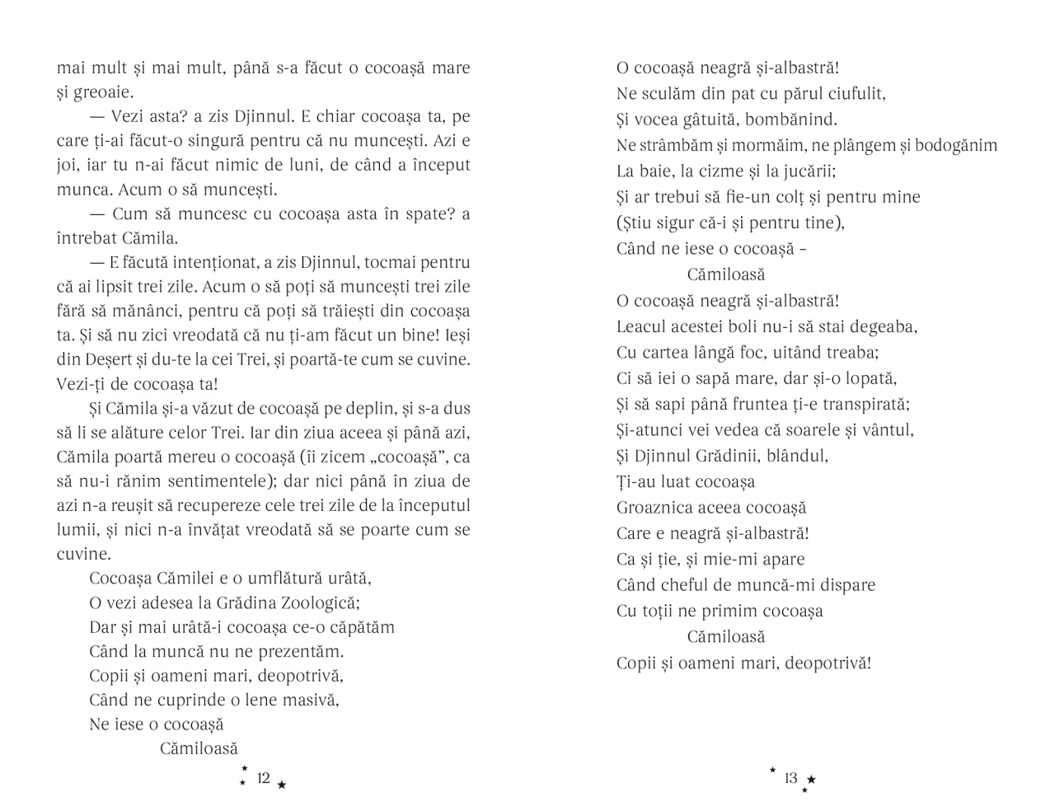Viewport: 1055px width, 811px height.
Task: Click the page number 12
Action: point(264,778)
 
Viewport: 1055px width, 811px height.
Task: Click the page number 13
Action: point(790,778)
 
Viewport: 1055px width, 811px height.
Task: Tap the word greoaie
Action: point(103,92)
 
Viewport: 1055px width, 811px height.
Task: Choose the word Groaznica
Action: point(655,508)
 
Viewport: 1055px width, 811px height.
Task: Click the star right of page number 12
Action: point(282,785)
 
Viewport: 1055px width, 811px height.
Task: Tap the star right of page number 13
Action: point(811,779)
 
